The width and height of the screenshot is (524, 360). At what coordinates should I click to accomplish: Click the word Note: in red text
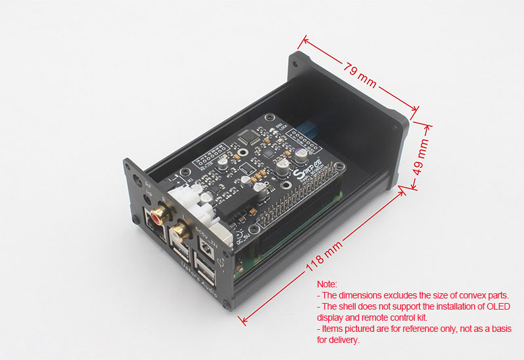click(x=327, y=284)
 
